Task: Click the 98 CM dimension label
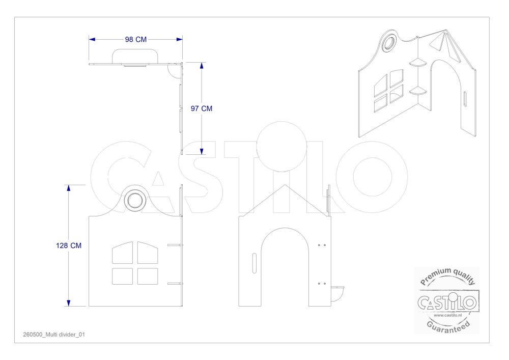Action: (136, 39)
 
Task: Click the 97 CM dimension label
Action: (202, 108)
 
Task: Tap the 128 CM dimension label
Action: (69, 245)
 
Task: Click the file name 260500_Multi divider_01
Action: (54, 335)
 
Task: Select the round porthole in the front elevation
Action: (135, 200)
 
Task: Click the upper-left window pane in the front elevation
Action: (122, 253)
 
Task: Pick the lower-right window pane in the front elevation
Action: (148, 276)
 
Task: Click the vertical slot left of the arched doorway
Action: (254, 263)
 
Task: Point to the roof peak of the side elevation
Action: (285, 185)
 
